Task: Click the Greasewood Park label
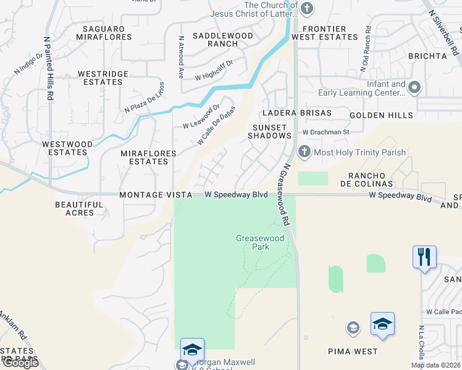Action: point(253,242)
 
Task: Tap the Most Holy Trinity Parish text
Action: point(360,152)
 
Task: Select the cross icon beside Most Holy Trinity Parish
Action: point(304,152)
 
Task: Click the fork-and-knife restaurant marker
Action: point(424,257)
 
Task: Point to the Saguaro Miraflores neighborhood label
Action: point(104,33)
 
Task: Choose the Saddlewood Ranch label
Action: point(223,40)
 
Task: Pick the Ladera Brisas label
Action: point(288,113)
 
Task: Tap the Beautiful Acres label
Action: point(79,209)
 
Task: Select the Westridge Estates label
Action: point(103,78)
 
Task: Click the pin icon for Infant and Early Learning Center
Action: point(414,88)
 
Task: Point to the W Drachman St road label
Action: point(325,132)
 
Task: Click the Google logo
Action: point(20,363)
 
